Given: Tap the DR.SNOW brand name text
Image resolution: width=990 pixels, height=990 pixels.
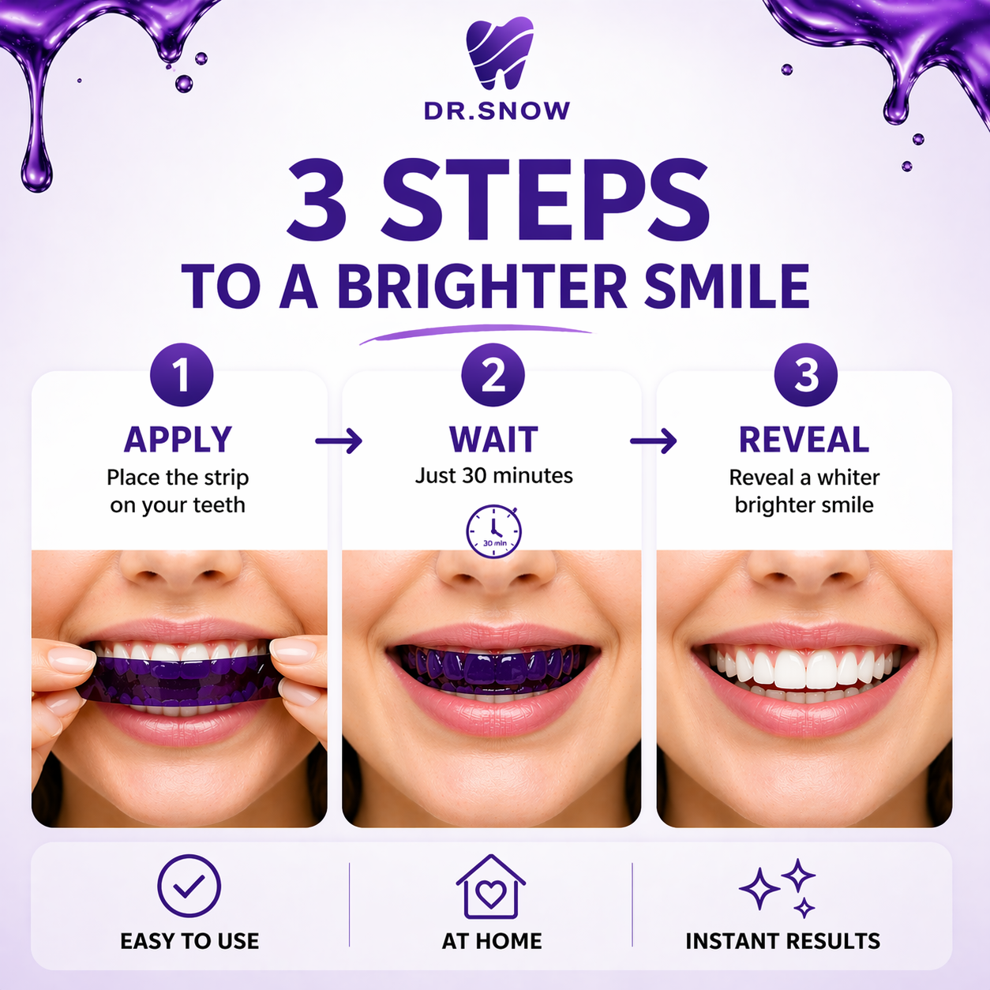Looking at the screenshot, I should pos(497,111).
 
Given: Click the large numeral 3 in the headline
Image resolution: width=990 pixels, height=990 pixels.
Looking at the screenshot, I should pos(317,201).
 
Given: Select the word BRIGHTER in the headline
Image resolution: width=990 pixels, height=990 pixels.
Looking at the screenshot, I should pos(482,287).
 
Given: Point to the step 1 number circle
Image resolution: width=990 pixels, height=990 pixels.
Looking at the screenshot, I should pos(182,375).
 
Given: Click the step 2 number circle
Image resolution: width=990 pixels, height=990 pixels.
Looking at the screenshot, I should pos(493,375).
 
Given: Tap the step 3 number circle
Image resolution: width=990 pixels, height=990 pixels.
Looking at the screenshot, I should pos(805,375).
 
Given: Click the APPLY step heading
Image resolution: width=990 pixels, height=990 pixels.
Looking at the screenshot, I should pos(178,440).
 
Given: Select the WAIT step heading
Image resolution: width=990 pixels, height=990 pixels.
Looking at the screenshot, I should pos(493,440).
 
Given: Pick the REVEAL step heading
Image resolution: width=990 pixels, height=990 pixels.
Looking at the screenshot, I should pos(804,440).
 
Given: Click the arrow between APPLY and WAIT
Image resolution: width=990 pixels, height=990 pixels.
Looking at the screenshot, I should pos(339,441).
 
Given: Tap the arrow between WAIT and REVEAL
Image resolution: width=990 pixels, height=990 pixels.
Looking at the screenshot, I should pos(654,441).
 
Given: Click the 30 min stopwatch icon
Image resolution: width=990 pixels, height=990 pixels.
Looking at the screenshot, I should pos(493,531).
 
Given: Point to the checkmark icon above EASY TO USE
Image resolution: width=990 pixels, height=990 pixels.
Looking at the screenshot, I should pos(189,887).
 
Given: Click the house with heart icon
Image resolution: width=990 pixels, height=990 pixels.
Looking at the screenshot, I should pos(491,888).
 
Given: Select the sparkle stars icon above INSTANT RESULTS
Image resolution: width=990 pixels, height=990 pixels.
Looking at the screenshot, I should pos(778,887).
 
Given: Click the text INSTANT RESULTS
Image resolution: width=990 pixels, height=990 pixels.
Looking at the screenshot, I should pos(782,941).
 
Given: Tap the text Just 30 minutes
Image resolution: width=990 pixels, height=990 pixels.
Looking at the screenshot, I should pos(494,476).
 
